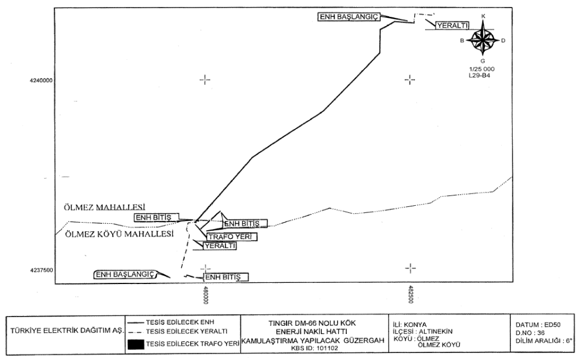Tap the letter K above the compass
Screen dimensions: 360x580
pyautogui.click(x=483, y=16)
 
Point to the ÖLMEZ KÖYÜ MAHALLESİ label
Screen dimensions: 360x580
pyautogui.click(x=119, y=234)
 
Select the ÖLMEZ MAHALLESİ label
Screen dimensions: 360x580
pyautogui.click(x=104, y=207)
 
